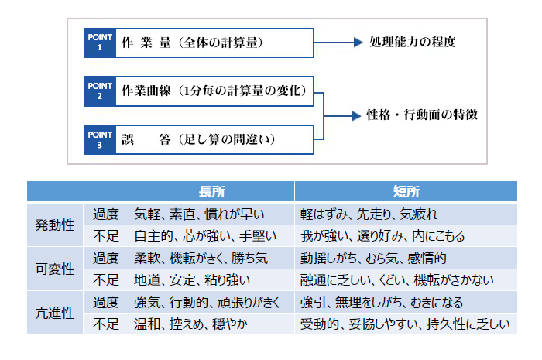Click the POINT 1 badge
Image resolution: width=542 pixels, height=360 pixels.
click(x=100, y=43)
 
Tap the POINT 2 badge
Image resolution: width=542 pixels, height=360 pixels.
click(x=100, y=91)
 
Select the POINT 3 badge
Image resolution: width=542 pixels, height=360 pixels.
click(x=100, y=140)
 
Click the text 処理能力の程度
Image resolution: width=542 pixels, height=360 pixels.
click(x=413, y=42)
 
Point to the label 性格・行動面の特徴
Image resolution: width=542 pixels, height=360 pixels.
click(x=422, y=115)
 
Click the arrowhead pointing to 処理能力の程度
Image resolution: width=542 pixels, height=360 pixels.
click(x=358, y=43)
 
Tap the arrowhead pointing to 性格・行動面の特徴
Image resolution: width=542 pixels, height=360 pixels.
click(x=356, y=115)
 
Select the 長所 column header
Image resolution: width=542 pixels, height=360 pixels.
click(x=212, y=191)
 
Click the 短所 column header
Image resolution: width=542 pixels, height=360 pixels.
click(x=406, y=191)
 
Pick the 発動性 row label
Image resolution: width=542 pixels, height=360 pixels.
click(x=55, y=225)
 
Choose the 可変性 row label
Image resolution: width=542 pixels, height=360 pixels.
click(x=55, y=269)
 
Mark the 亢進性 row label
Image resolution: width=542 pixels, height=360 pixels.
click(x=55, y=314)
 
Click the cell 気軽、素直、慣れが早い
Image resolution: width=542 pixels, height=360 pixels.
click(x=199, y=214)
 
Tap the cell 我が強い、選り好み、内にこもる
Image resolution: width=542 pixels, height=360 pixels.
click(x=382, y=236)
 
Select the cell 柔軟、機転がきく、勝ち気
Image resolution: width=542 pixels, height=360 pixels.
click(x=201, y=259)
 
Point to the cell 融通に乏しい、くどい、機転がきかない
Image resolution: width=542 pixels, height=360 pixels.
click(x=396, y=280)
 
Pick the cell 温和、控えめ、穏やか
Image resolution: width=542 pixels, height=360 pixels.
click(x=190, y=324)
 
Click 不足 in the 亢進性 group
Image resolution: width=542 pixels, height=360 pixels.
click(x=106, y=324)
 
